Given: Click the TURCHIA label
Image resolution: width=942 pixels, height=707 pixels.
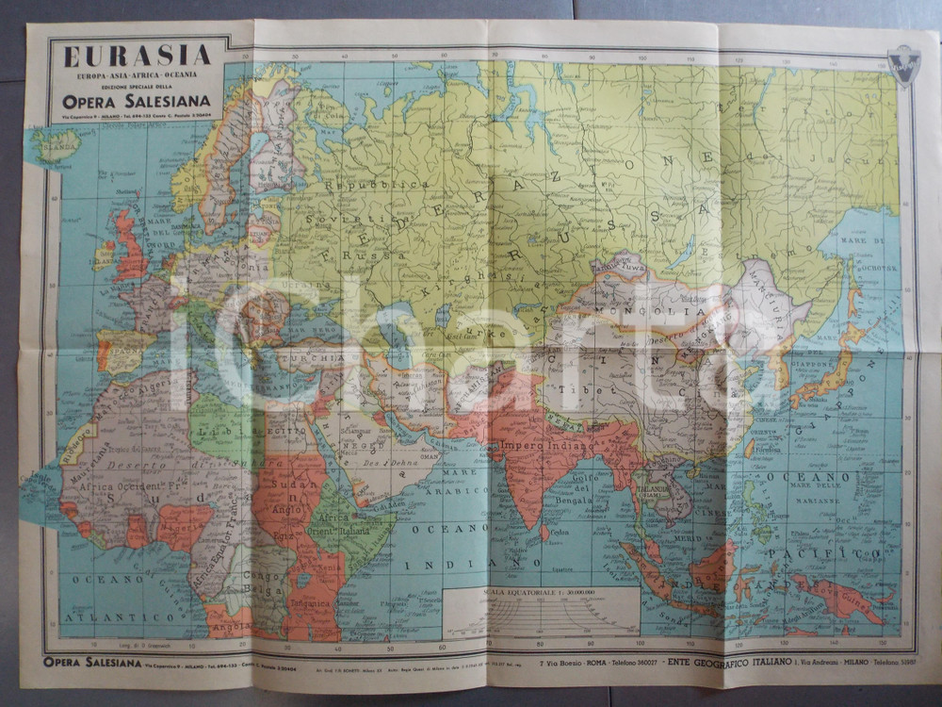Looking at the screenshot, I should [x=325, y=359].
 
